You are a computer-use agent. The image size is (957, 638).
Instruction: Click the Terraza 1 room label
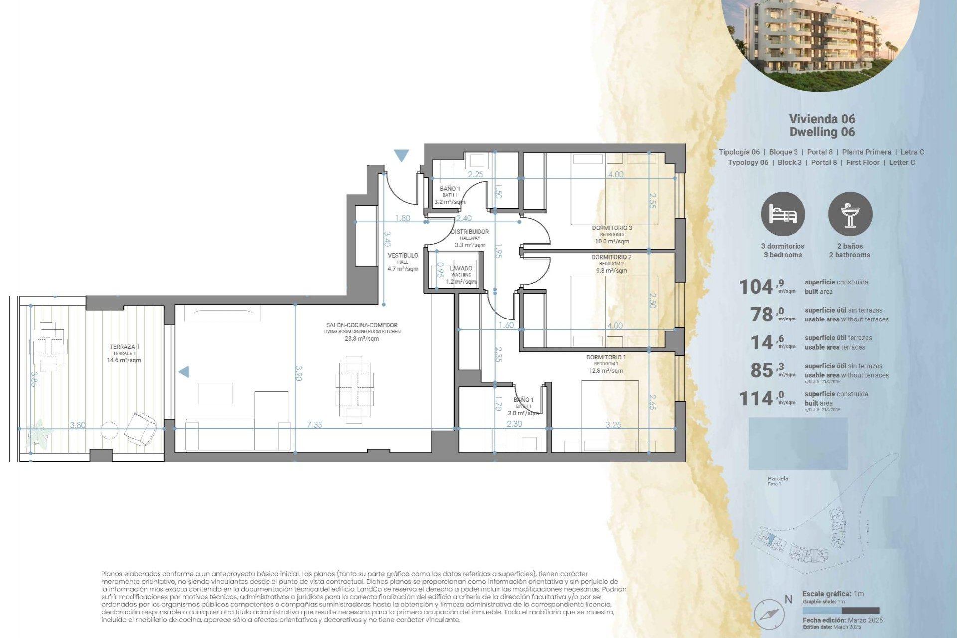pyautogui.click(x=124, y=347)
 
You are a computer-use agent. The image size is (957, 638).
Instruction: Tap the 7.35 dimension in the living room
pyautogui.click(x=314, y=425)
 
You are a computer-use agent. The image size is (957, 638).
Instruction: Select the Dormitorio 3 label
pyautogui.click(x=612, y=228)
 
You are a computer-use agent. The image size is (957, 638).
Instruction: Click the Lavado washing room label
pyautogui.click(x=461, y=268)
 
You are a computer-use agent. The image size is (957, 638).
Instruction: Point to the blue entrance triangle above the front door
pyautogui.click(x=401, y=156)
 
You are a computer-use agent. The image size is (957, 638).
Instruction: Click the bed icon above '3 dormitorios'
pyautogui.click(x=783, y=214)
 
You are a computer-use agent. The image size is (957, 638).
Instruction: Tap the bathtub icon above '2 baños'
pyautogui.click(x=850, y=214)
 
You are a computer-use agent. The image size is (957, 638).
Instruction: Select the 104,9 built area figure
pyautogui.click(x=756, y=287)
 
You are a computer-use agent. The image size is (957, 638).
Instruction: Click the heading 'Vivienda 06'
pyautogui.click(x=822, y=119)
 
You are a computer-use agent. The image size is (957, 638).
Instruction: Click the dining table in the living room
pyautogui.click(x=354, y=390)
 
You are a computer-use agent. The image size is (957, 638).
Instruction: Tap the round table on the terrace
pyautogui.click(x=109, y=430)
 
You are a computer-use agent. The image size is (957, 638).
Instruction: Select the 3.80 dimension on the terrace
pyautogui.click(x=78, y=425)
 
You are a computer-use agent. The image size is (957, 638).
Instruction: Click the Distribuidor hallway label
pyautogui.click(x=470, y=232)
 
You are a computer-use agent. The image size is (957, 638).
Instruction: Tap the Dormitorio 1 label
pyautogui.click(x=606, y=357)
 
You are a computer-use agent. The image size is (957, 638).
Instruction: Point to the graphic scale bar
pyautogui.click(x=841, y=611)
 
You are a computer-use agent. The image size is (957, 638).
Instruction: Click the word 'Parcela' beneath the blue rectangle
pyautogui.click(x=778, y=478)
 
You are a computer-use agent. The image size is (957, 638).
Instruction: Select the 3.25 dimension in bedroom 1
pyautogui.click(x=613, y=425)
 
